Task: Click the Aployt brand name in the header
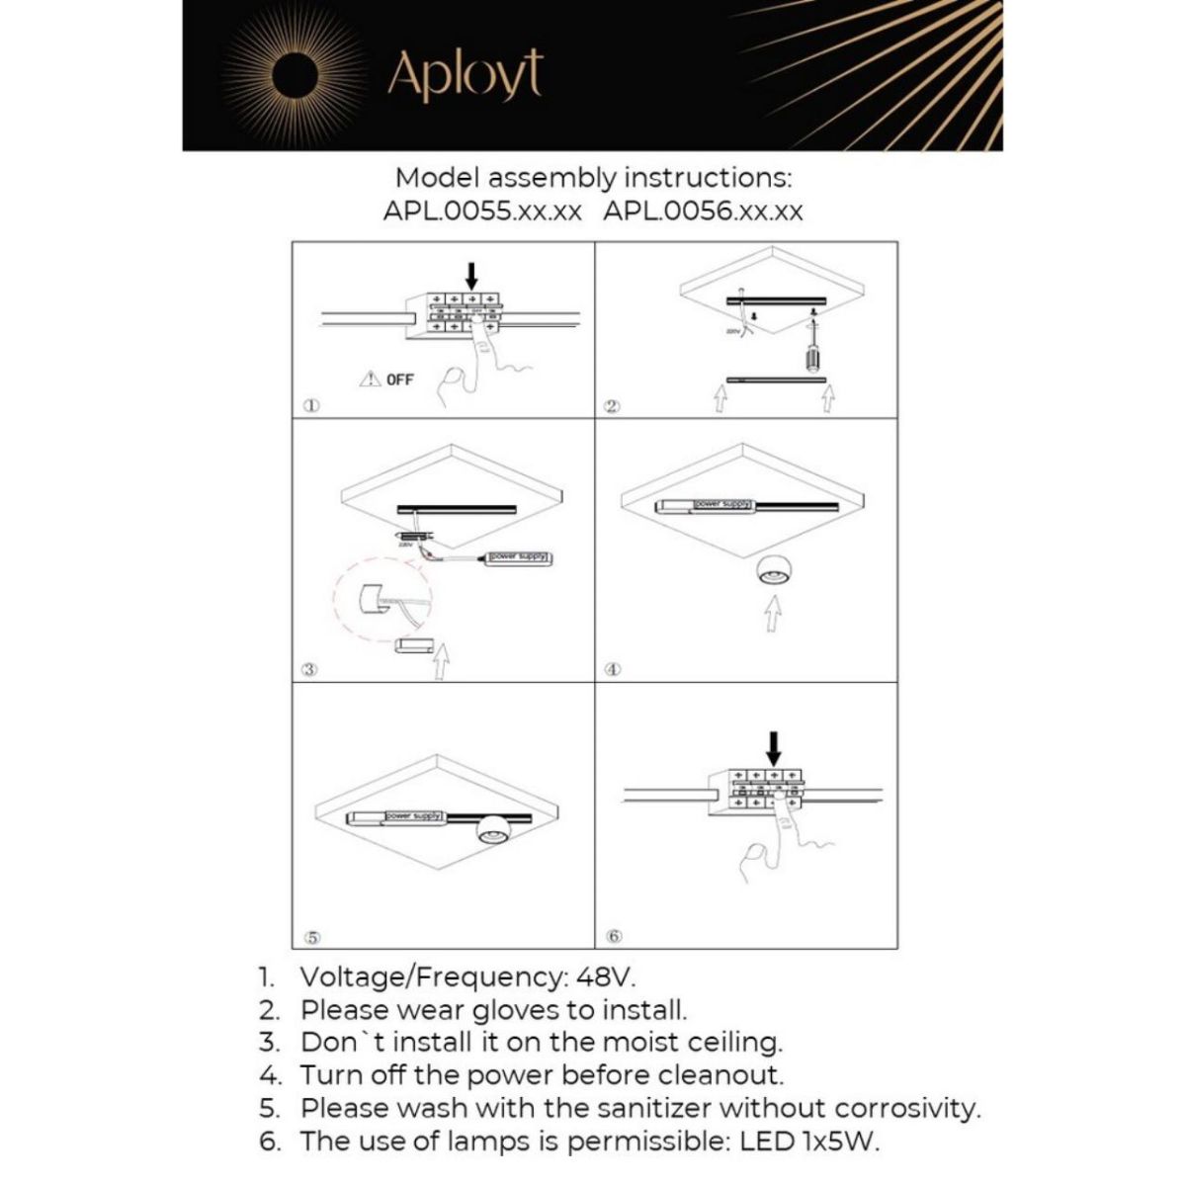465,74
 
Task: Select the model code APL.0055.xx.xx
482,211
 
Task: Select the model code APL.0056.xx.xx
703,211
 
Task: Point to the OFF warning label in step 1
387,379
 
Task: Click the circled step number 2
612,407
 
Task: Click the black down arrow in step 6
774,747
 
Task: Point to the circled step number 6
613,935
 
